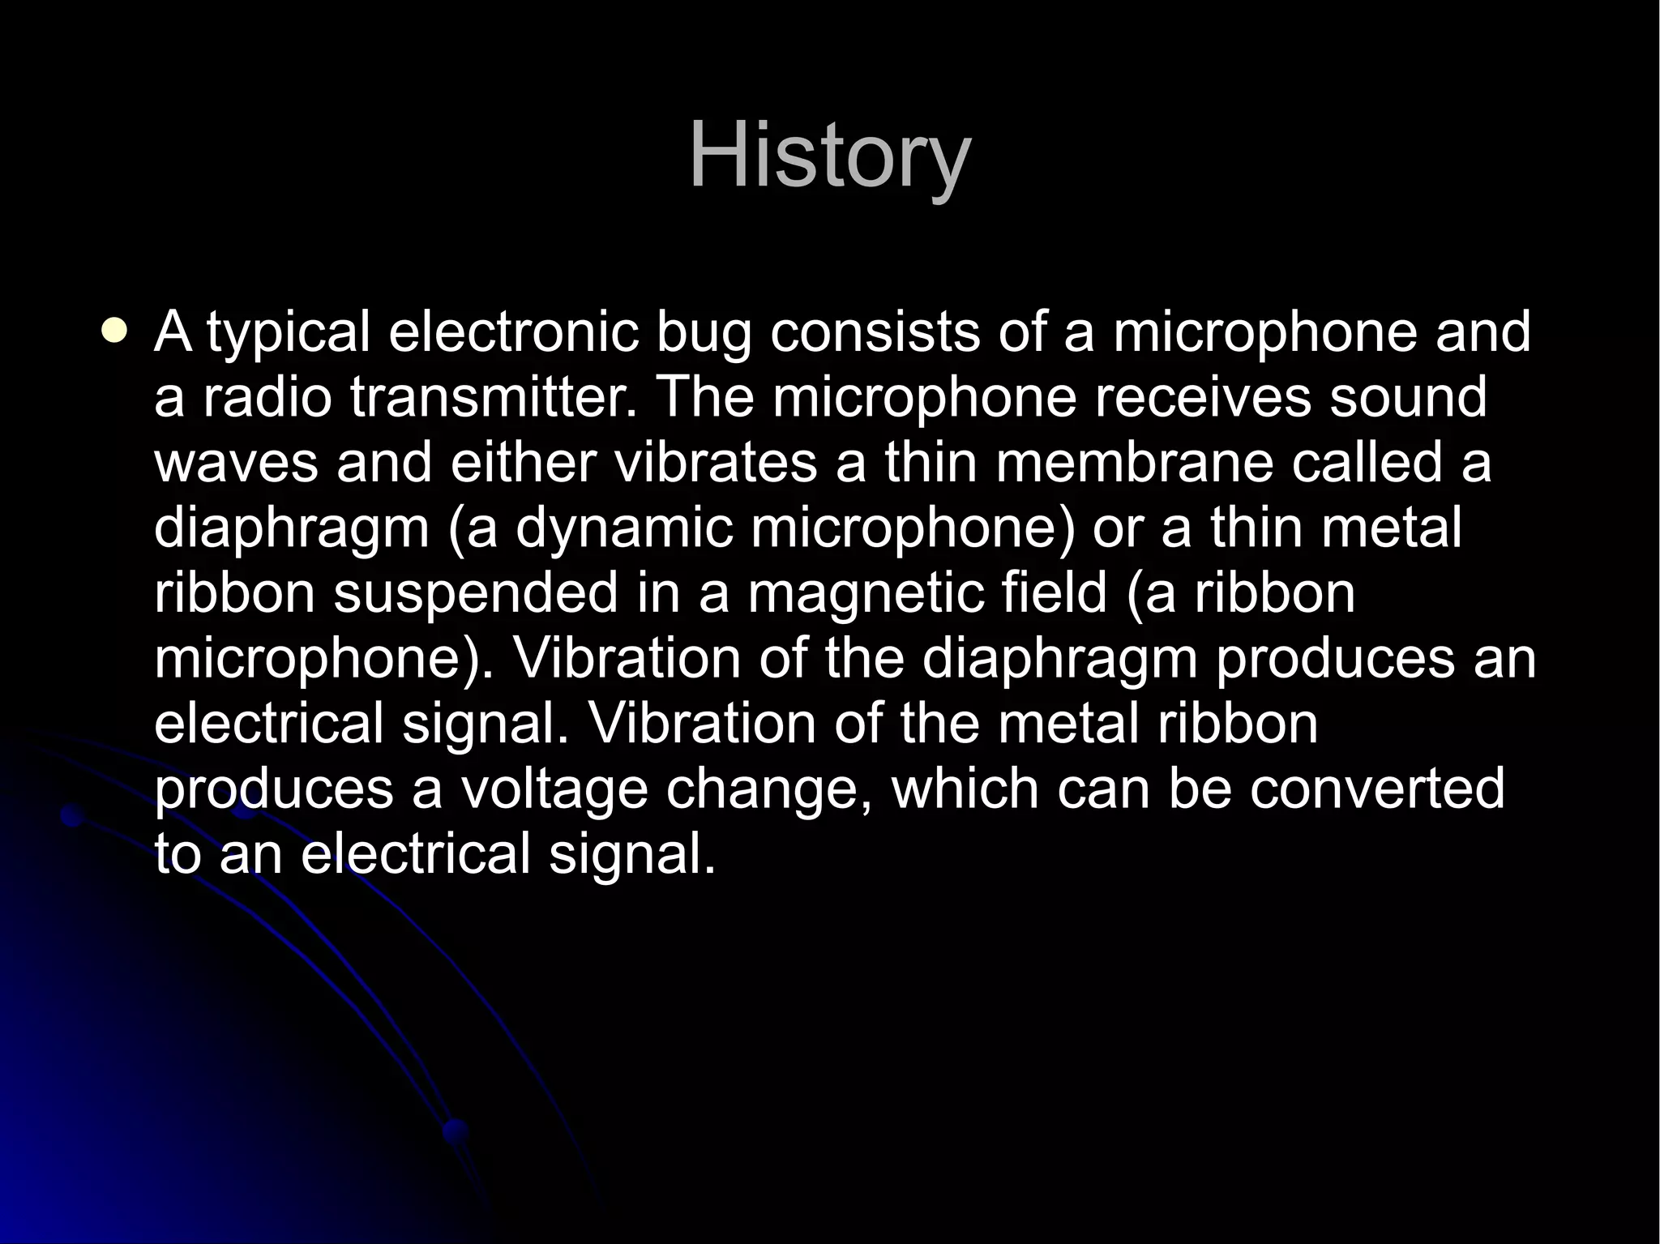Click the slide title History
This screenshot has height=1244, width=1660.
tap(829, 156)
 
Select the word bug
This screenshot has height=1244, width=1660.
tap(703, 334)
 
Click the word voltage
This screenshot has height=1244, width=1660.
tap(554, 789)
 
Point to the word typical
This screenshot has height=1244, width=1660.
tap(288, 334)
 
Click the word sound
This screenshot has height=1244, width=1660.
tap(1407, 398)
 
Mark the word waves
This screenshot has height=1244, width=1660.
tap(236, 463)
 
